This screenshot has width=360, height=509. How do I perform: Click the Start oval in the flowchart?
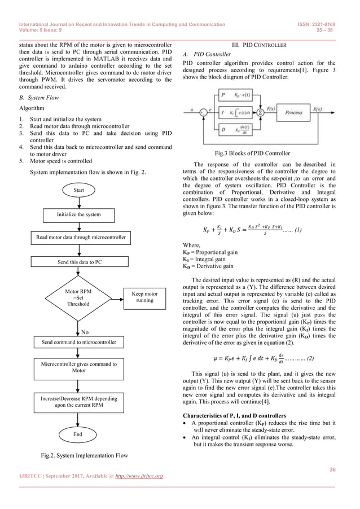coord(79,190)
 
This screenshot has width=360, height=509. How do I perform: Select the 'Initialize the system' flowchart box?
coord(78,214)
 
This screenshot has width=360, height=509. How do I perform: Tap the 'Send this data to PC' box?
coord(79,262)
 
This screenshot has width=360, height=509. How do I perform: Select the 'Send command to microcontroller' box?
coord(79,342)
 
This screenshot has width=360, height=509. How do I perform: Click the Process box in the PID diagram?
coord(295,112)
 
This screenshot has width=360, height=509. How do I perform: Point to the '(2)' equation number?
coord(311,358)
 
